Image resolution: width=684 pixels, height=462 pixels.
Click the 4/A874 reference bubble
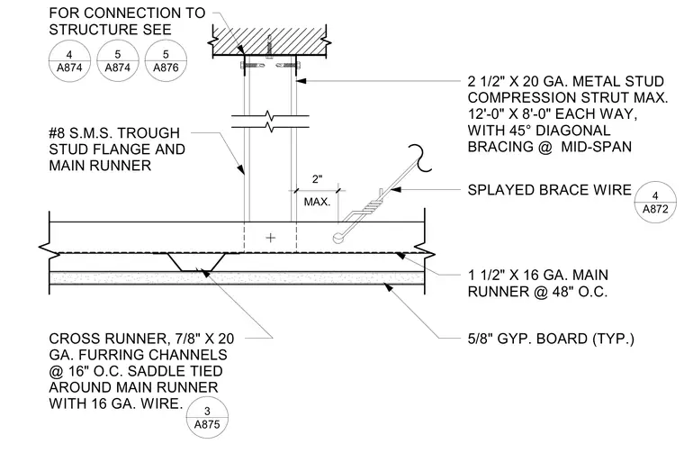point(69,60)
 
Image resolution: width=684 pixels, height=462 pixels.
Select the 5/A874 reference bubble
point(118,60)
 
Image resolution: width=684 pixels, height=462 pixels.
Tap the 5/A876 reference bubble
point(166,60)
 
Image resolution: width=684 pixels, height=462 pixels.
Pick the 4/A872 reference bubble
point(655,202)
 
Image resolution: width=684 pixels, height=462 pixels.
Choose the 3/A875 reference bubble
point(207,418)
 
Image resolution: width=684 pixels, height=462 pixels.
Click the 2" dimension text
point(317,179)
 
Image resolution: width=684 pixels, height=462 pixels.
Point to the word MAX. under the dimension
point(317,202)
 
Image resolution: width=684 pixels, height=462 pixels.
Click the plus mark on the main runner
point(271,238)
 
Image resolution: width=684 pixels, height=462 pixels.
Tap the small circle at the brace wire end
point(337,238)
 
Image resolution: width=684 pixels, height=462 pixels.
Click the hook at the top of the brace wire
point(422,159)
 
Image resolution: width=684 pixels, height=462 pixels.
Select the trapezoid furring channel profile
point(196,262)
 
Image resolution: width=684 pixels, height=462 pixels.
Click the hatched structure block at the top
point(270,41)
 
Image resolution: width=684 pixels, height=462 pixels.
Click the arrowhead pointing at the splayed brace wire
point(396,189)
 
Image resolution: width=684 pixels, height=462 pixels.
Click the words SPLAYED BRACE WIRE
point(550,190)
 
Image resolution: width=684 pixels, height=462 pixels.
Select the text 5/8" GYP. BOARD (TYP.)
point(551,339)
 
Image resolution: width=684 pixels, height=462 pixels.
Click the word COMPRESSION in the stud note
point(536,97)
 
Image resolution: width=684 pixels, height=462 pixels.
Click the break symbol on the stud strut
point(270,122)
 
